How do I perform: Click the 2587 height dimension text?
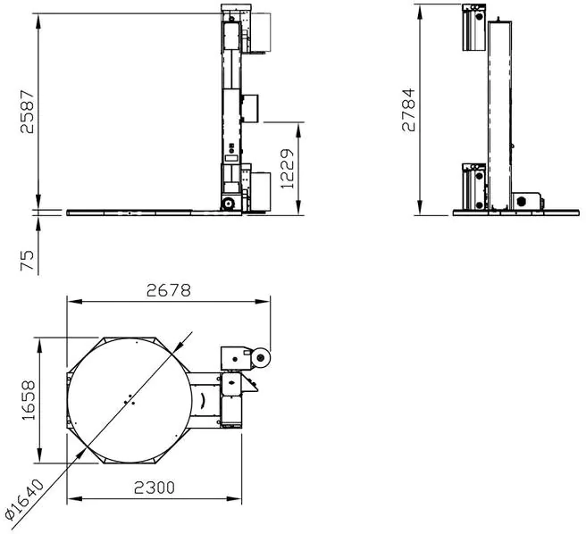click(28, 112)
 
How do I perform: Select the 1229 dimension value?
click(288, 169)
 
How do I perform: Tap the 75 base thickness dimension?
click(28, 261)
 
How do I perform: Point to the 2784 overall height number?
click(408, 110)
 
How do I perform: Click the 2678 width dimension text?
click(169, 290)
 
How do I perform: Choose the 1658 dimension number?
click(29, 400)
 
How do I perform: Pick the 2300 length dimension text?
click(155, 488)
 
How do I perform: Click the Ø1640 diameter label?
click(25, 500)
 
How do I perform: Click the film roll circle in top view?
click(261, 359)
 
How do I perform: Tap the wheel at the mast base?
click(228, 204)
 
